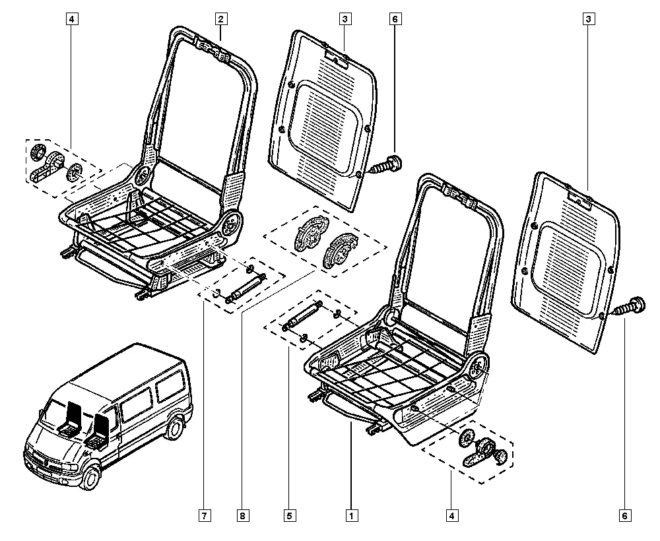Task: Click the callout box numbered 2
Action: [221, 19]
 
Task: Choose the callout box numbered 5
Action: [289, 515]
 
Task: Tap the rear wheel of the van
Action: [176, 428]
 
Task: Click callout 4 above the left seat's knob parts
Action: [71, 19]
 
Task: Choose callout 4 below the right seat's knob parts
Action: [451, 515]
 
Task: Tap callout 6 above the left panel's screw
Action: [395, 19]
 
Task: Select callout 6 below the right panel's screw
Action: [624, 515]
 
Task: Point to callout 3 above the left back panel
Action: [345, 19]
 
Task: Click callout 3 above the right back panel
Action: [587, 19]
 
